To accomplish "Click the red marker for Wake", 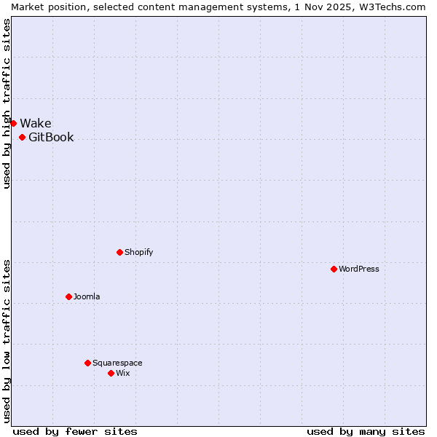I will (13, 123).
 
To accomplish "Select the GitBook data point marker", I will (23, 138).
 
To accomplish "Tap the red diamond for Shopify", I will (120, 253).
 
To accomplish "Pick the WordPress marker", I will (334, 269).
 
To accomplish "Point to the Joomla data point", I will (69, 297).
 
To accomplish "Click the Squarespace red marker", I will (88, 363).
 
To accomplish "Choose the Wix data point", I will (111, 374).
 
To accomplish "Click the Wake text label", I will (36, 123).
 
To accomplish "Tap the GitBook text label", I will (51, 138).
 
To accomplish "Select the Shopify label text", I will (139, 253).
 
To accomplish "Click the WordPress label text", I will (359, 269).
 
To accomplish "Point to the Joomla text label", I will (87, 297).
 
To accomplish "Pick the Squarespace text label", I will (117, 363).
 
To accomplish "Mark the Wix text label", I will (123, 374).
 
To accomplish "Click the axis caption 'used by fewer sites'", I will (75, 431).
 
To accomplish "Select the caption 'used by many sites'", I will (366, 431).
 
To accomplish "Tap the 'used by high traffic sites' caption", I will (7, 103).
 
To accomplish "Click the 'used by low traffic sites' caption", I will (7, 340).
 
